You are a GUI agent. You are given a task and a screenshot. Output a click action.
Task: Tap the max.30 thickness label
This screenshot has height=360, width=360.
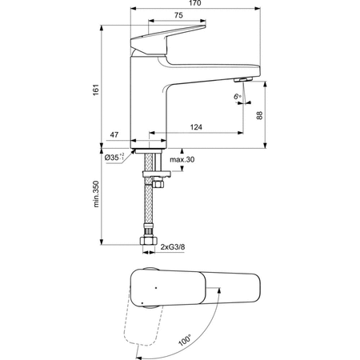[x=183, y=160]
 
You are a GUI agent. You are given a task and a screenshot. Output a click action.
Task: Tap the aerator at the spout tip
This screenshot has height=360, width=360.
[x=241, y=80]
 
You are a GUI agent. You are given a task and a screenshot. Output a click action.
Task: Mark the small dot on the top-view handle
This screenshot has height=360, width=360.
[x=156, y=286]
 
